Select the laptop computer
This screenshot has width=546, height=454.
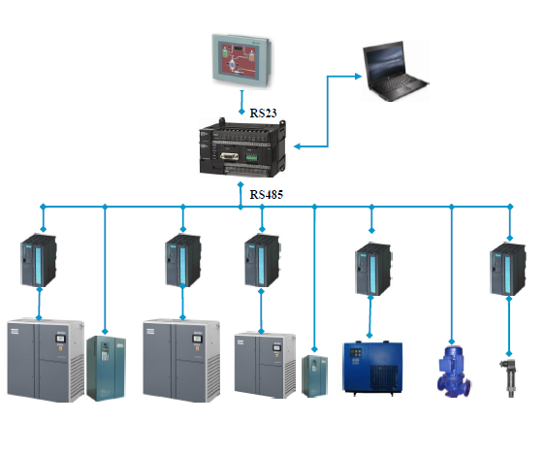(395, 72)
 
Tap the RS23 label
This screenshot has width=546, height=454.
(263, 113)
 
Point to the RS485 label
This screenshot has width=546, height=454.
(267, 194)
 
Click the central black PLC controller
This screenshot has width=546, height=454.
(242, 147)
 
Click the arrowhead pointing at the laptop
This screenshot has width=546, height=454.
(358, 77)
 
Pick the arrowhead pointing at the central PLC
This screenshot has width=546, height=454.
(298, 146)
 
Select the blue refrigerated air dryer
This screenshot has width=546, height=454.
(372, 369)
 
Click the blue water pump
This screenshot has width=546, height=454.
(454, 372)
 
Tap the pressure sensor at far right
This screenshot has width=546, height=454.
(509, 377)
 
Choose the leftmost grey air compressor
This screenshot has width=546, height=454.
(46, 360)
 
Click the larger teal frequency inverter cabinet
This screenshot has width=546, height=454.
(106, 368)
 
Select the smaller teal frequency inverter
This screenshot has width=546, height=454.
(314, 376)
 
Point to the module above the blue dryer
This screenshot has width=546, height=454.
(373, 269)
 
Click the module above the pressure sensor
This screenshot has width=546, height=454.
(508, 269)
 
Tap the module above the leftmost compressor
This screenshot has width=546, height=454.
(39, 260)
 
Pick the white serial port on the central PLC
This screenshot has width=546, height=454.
(229, 156)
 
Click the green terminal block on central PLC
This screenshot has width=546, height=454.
(252, 157)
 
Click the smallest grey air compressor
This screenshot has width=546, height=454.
(265, 365)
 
